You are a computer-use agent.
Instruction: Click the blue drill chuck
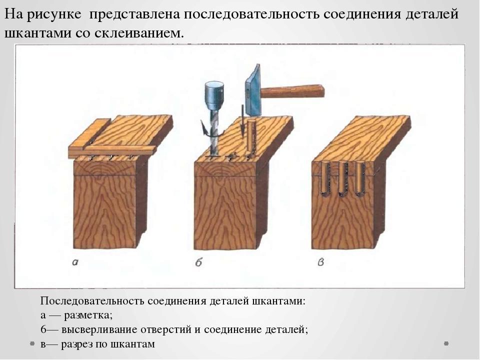[214, 95]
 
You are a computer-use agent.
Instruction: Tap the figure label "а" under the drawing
[75, 262]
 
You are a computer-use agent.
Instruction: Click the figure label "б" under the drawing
[198, 262]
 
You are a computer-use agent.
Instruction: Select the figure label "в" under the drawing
[320, 262]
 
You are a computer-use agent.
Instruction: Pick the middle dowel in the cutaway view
[343, 179]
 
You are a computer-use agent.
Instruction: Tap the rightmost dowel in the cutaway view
[360, 179]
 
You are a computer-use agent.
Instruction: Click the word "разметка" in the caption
[88, 315]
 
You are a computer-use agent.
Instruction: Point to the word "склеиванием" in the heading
[139, 33]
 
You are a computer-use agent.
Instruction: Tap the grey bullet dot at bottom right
[446, 343]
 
